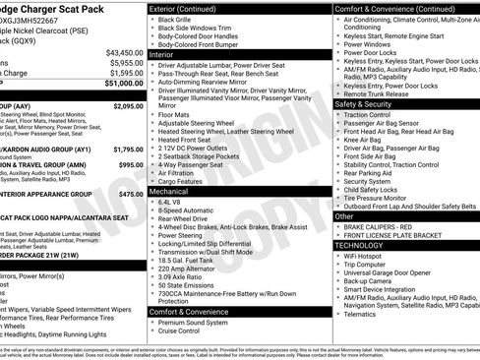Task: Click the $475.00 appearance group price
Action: click(131, 195)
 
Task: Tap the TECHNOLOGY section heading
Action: click(369, 245)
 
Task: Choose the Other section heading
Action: click(345, 215)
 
